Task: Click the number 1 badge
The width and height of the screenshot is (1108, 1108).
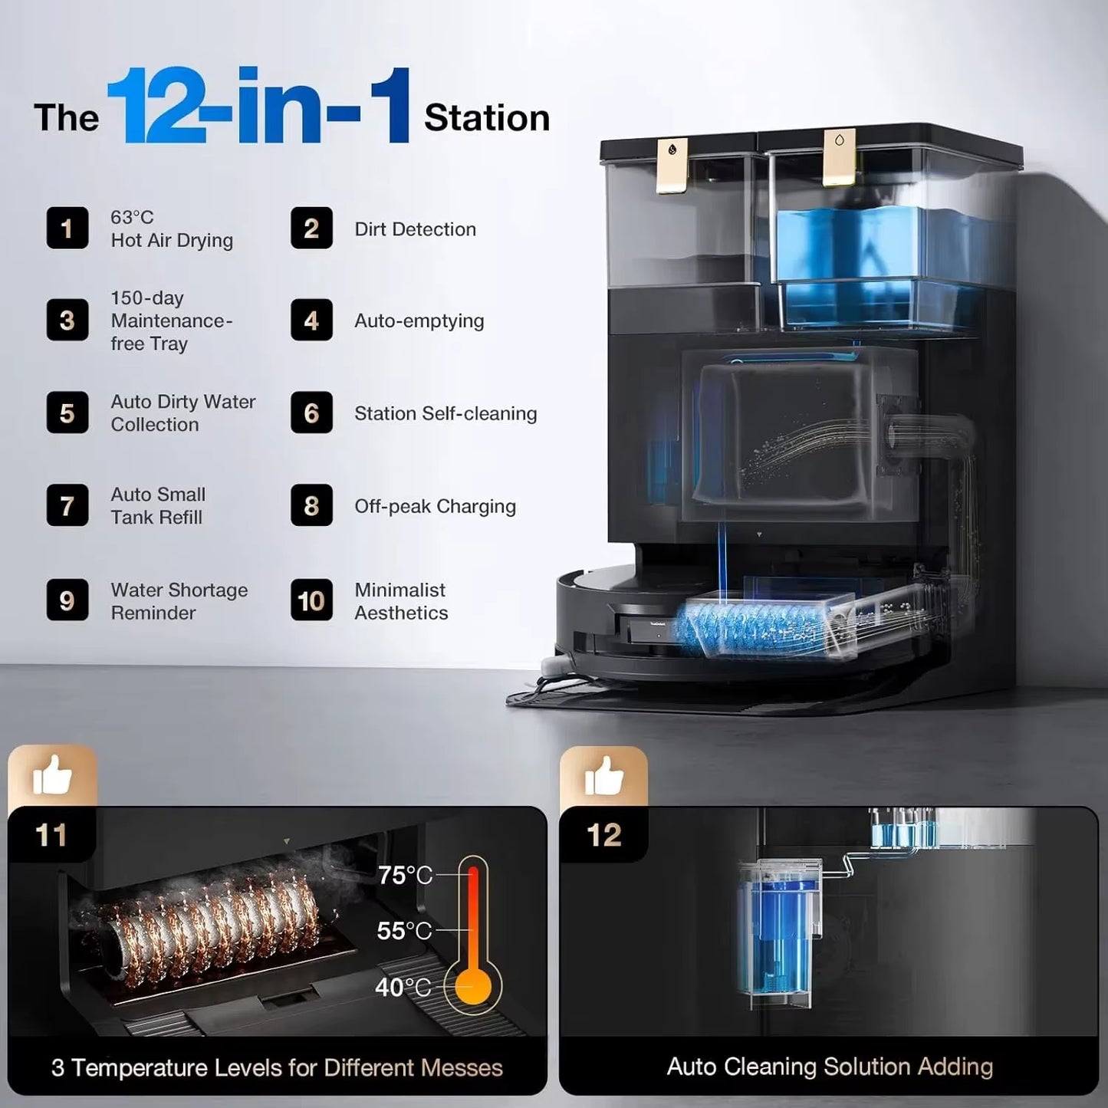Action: point(67,229)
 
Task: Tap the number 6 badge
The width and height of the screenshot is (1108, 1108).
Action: point(311,413)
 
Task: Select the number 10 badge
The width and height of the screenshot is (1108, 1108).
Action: point(311,600)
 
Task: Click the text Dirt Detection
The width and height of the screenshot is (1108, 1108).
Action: point(415,229)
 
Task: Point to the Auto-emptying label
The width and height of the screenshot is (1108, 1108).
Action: point(419,321)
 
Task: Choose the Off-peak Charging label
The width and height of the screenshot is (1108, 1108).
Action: point(436,507)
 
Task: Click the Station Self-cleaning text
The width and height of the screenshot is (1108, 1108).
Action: point(446,413)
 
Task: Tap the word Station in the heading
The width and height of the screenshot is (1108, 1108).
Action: point(487,118)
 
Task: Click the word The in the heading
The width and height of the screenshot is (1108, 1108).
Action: point(67,118)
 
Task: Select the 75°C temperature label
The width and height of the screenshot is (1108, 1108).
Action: point(406,875)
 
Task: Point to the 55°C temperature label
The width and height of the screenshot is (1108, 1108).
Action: point(404,931)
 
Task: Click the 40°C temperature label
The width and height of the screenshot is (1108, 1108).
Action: point(403,988)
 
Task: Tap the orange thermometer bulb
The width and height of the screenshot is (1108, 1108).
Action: point(473,988)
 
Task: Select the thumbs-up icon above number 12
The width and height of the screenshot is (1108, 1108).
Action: point(603,776)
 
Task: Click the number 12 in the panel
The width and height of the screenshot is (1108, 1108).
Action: point(603,835)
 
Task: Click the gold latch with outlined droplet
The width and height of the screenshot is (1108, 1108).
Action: point(839,157)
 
